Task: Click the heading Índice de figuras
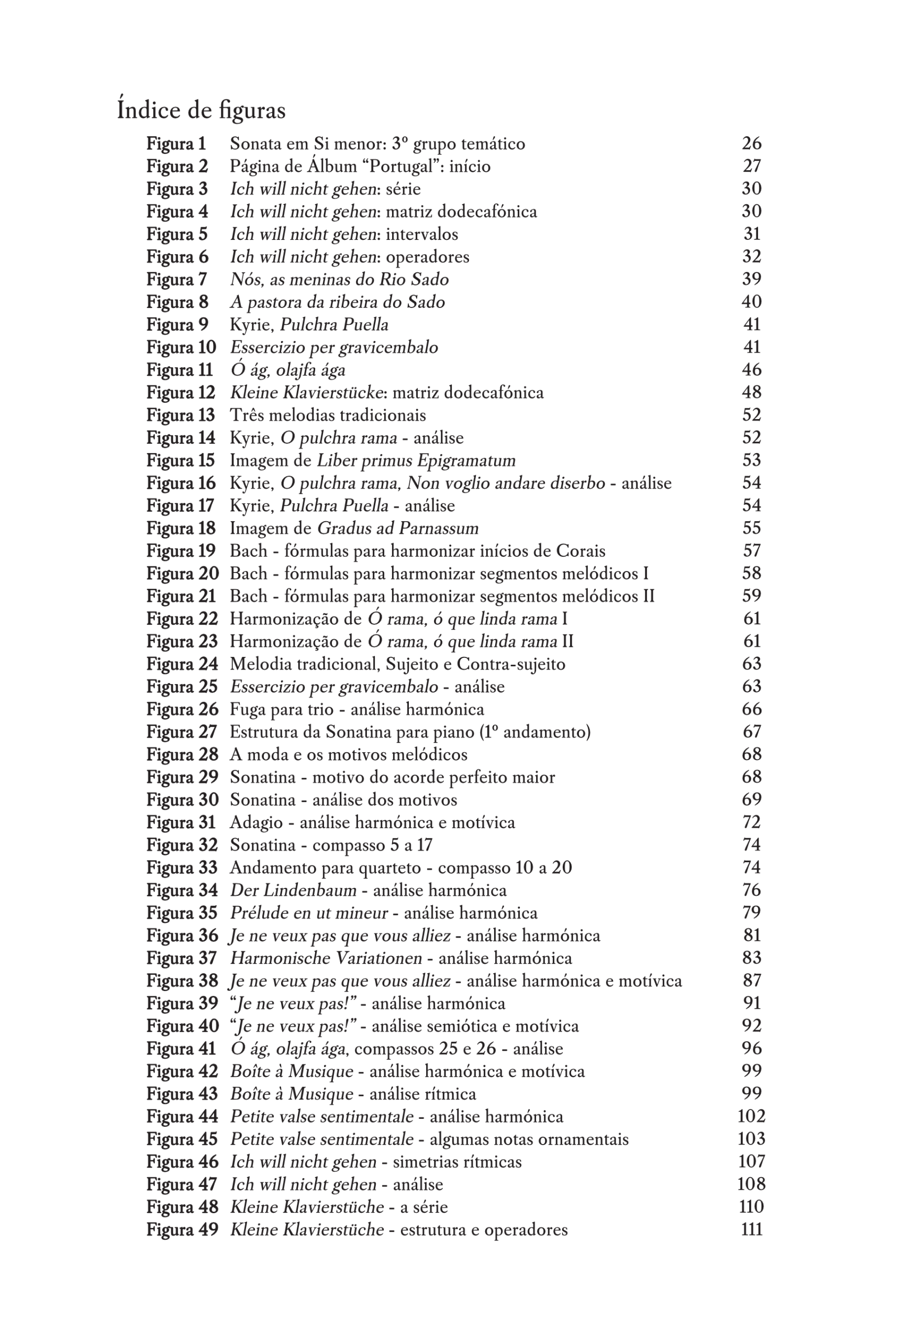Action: pos(201,110)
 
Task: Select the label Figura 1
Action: pos(176,144)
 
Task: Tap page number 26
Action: pos(752,143)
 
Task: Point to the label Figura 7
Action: pos(176,280)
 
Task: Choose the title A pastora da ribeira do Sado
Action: pos(338,302)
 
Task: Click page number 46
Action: pos(752,369)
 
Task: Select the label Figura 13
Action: pos(180,415)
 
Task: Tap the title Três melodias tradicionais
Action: pos(328,415)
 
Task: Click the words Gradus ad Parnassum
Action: pos(398,529)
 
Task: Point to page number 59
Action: pos(752,596)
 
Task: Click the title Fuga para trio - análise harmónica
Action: pos(357,709)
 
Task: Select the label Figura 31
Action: pos(181,822)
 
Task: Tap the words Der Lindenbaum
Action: pos(293,891)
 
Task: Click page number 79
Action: pos(752,913)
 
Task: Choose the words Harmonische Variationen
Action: pos(327,959)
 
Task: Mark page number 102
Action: pos(752,1116)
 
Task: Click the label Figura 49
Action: pos(182,1230)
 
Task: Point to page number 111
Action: pos(752,1230)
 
